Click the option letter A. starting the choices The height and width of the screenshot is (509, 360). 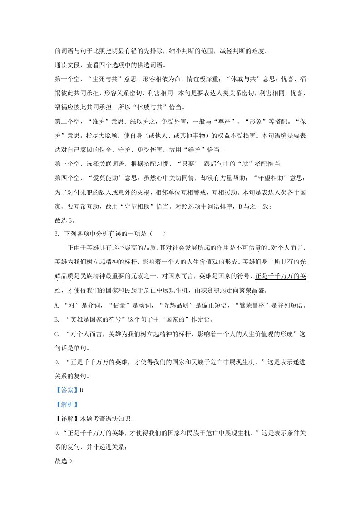pyautogui.click(x=56, y=304)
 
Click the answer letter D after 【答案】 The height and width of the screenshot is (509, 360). pyautogui.click(x=81, y=390)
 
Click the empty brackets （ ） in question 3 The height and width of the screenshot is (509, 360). pyautogui.click(x=158, y=234)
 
